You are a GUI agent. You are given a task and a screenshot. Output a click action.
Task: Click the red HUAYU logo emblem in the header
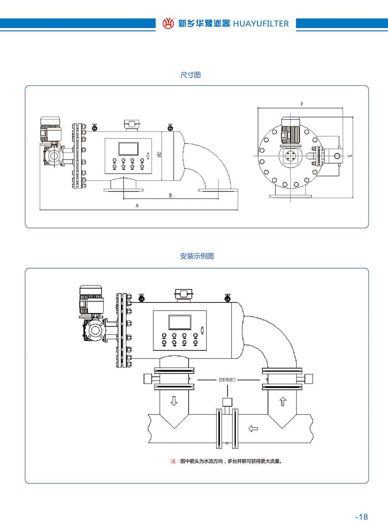tap(168, 23)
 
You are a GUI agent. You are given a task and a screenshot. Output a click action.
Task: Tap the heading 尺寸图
tap(191, 75)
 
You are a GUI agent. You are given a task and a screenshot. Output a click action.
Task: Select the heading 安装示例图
tap(197, 256)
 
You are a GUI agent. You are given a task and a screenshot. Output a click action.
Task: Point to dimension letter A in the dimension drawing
tap(137, 206)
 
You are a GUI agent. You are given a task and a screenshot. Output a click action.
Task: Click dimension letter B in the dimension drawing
tap(170, 195)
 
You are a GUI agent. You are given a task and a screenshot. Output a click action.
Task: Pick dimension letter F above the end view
tap(302, 104)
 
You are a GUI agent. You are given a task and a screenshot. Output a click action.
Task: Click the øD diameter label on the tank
tap(158, 155)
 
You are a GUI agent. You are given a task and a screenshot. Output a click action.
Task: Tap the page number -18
tap(361, 517)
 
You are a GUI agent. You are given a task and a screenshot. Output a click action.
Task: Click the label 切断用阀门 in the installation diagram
tap(227, 380)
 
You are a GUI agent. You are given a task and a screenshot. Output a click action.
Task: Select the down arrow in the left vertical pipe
tap(174, 401)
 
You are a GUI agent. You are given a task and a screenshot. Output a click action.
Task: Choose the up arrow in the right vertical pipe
tap(282, 401)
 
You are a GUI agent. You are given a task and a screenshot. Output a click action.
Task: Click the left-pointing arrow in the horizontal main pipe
tap(253, 428)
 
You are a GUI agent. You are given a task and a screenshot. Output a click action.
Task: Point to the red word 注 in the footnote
tap(173, 461)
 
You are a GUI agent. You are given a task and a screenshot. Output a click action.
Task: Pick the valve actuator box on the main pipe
tap(227, 402)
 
